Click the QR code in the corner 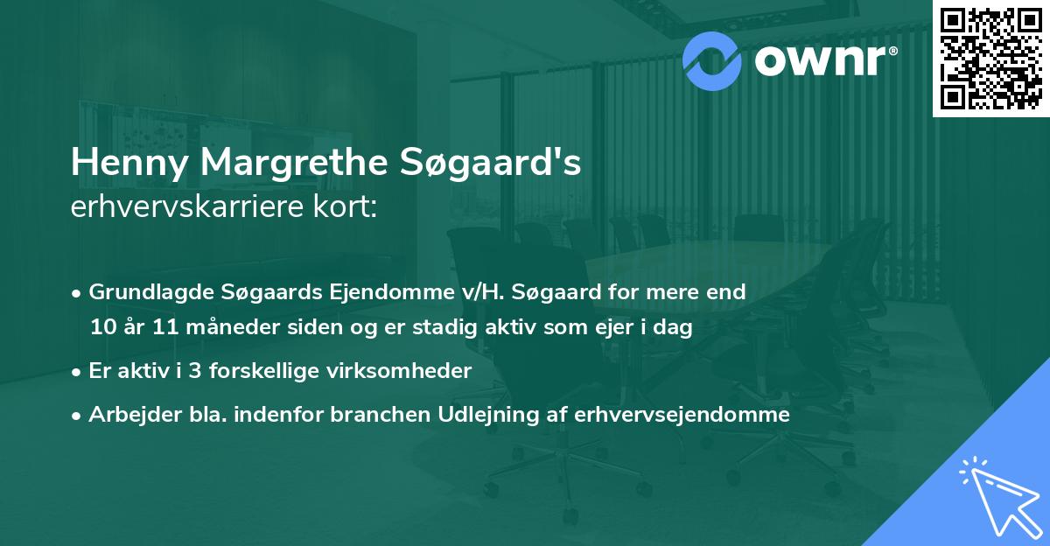[990, 59]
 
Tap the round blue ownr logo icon [713, 59]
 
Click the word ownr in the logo [817, 59]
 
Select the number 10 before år [101, 328]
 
